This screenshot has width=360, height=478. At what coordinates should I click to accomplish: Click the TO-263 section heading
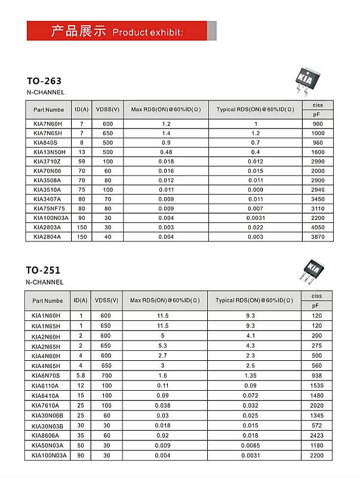point(44,81)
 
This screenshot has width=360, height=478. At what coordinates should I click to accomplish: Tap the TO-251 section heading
point(44,269)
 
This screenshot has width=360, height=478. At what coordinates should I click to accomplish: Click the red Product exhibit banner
point(121,30)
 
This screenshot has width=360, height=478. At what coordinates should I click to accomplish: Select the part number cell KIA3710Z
point(47,161)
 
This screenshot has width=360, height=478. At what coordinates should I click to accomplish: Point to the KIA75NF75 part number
point(49,209)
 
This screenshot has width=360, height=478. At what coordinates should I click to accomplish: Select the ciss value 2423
point(316,436)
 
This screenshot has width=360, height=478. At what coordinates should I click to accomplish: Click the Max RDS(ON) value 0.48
point(166,152)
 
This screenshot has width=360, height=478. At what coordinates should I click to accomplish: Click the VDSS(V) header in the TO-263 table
point(107,109)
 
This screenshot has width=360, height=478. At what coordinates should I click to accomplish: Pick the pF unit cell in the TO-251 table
point(316,305)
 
